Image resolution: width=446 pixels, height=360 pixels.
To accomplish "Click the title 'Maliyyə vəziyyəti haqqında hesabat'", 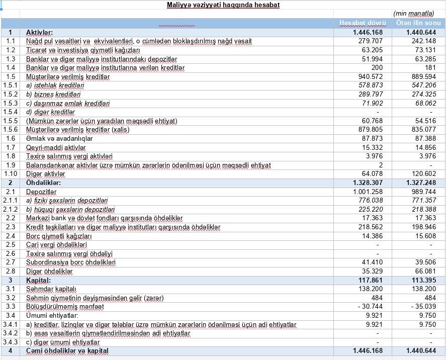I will coord(223,5).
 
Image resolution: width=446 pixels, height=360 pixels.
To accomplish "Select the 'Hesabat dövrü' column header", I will coord(363,23).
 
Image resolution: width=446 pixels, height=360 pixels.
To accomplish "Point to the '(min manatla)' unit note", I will coord(414,13).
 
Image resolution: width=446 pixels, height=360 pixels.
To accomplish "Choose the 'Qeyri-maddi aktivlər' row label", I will coord(56,147).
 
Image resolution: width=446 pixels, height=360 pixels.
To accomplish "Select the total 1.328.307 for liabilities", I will coord(368,183).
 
